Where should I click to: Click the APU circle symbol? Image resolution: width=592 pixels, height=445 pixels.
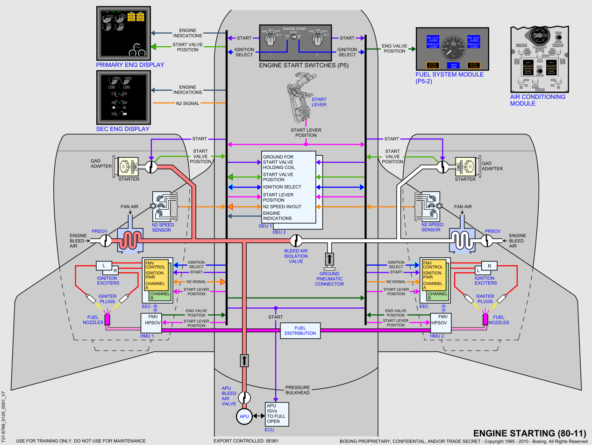[244, 416]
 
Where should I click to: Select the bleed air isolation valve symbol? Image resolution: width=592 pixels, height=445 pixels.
[295, 241]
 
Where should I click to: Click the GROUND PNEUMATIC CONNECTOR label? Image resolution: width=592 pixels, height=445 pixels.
[329, 279]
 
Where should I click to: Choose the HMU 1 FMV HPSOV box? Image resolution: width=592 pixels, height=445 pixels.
[150, 321]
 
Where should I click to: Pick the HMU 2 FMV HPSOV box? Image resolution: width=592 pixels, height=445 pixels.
[440, 321]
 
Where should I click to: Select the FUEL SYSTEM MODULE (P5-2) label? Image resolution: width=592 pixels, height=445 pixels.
[449, 78]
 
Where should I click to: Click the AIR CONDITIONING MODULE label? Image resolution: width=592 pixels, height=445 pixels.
[538, 100]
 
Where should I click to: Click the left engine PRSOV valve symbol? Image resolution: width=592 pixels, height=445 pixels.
[105, 241]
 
